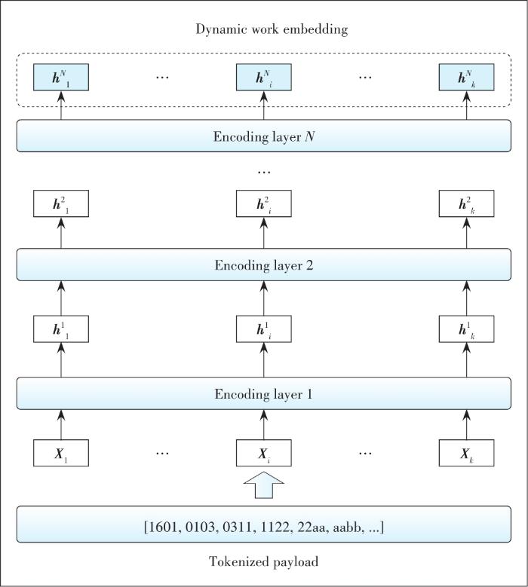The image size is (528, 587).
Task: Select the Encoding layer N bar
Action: [x=264, y=137]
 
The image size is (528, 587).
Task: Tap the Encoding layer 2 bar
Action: [x=264, y=265]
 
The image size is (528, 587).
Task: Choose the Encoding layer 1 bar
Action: [x=264, y=393]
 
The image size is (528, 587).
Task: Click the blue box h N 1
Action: [x=61, y=77]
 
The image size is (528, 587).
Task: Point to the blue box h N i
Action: [x=264, y=77]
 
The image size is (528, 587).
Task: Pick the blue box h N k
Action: [x=466, y=77]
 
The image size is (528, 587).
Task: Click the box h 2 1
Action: [x=61, y=203]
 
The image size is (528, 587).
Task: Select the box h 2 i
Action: [x=264, y=203]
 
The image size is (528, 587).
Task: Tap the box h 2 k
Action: [x=466, y=203]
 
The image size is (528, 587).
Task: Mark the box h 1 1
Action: [x=61, y=329]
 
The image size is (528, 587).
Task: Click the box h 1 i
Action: [x=264, y=329]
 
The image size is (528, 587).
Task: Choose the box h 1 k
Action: [x=466, y=329]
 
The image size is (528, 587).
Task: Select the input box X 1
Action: [x=61, y=454]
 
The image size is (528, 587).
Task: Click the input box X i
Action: [x=264, y=454]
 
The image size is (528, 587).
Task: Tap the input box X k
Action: [x=466, y=454]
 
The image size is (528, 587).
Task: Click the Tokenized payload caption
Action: [x=264, y=562]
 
